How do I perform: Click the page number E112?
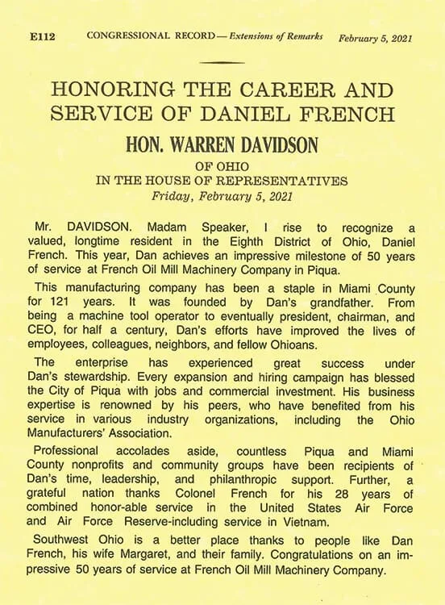coord(42,37)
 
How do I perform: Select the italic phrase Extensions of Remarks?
coord(277,37)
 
